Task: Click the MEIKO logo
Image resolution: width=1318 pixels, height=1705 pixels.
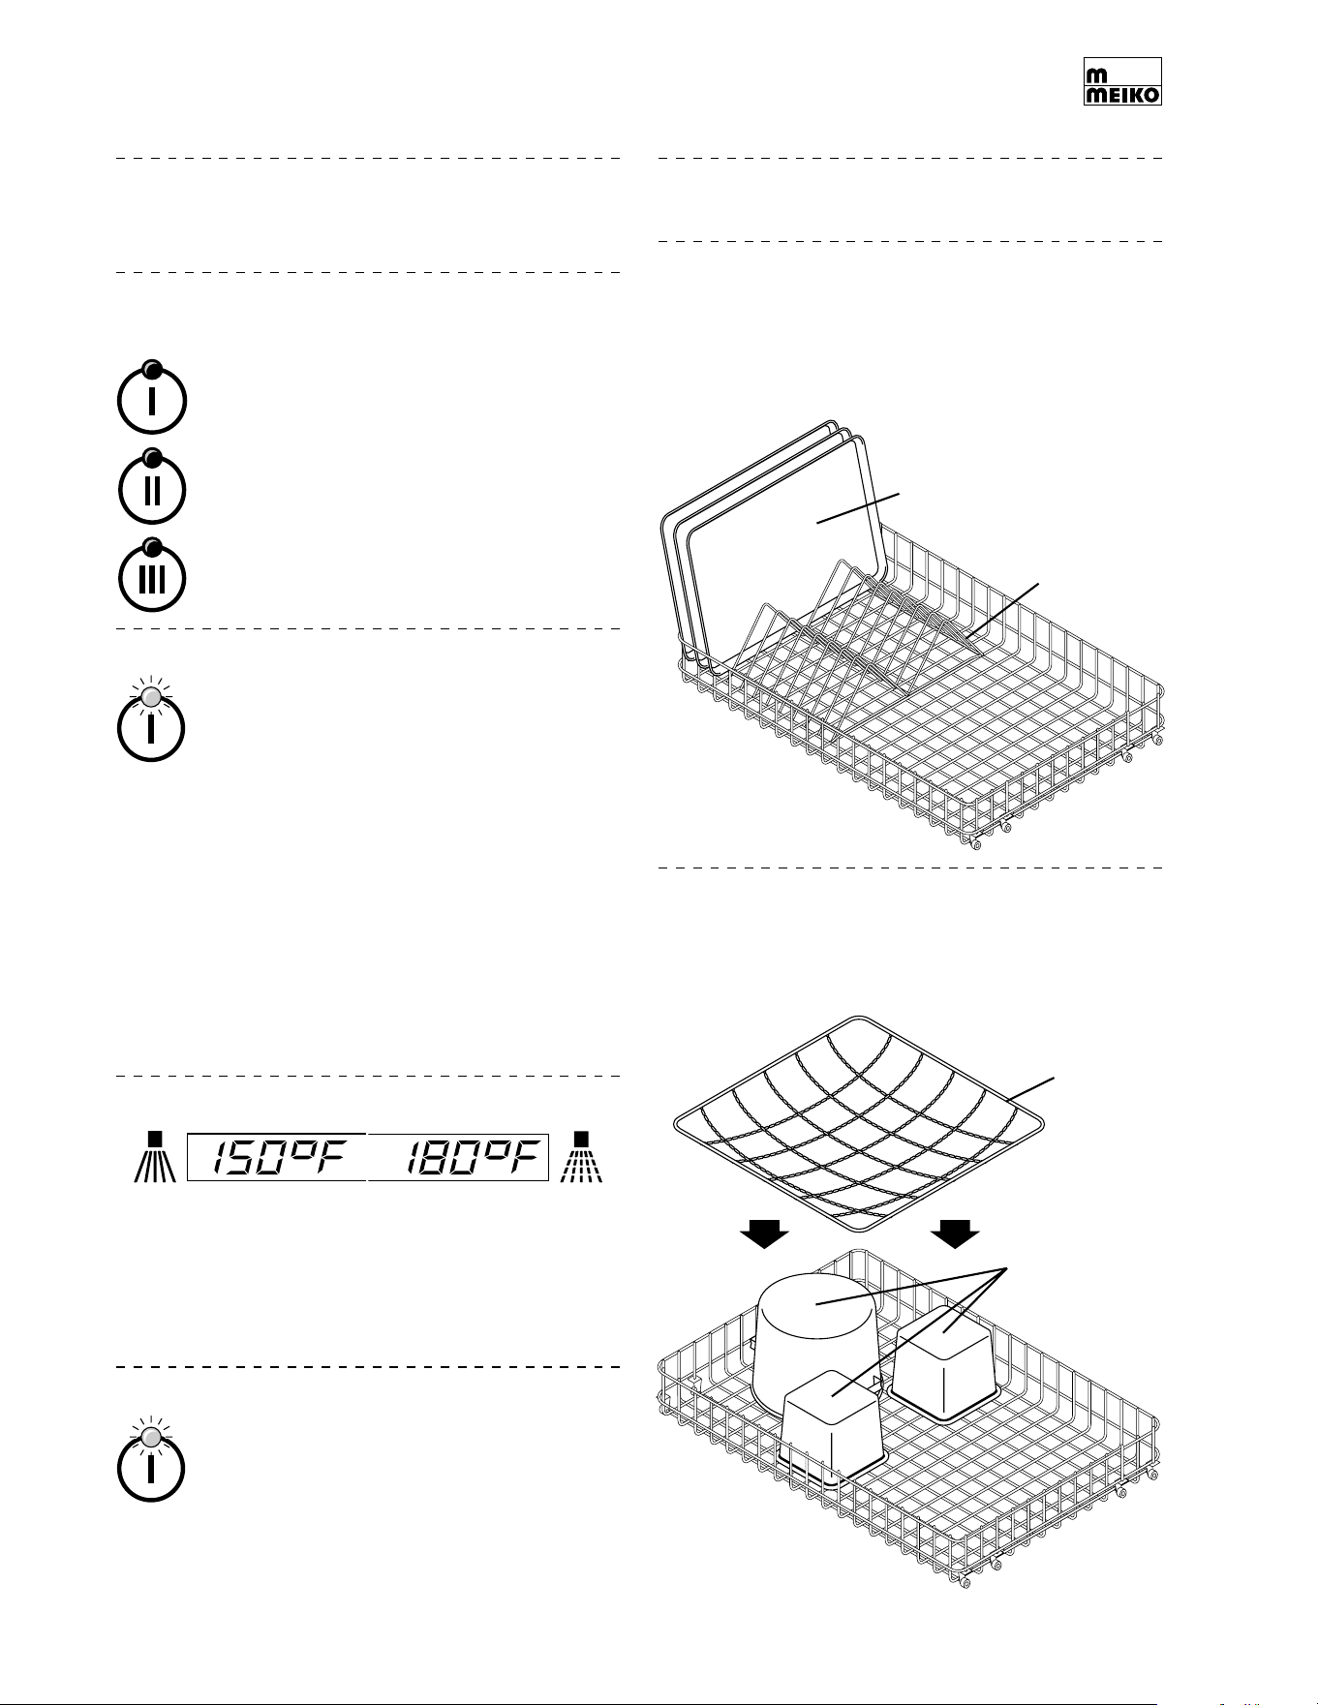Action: pyautogui.click(x=1121, y=81)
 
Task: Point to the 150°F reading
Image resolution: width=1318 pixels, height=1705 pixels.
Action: pyautogui.click(x=277, y=1158)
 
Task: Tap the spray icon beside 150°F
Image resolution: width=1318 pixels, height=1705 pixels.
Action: pyautogui.click(x=154, y=1156)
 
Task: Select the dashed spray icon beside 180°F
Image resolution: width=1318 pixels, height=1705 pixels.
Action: pyautogui.click(x=581, y=1156)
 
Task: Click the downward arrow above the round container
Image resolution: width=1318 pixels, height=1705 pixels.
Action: pyautogui.click(x=764, y=1234)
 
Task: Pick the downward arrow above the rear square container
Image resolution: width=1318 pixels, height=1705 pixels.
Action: pyautogui.click(x=956, y=1234)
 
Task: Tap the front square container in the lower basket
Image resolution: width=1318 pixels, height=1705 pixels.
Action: pyautogui.click(x=833, y=1428)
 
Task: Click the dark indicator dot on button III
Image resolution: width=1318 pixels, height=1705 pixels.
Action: pyautogui.click(x=152, y=546)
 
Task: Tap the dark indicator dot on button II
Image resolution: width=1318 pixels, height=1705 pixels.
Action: pyautogui.click(x=152, y=457)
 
